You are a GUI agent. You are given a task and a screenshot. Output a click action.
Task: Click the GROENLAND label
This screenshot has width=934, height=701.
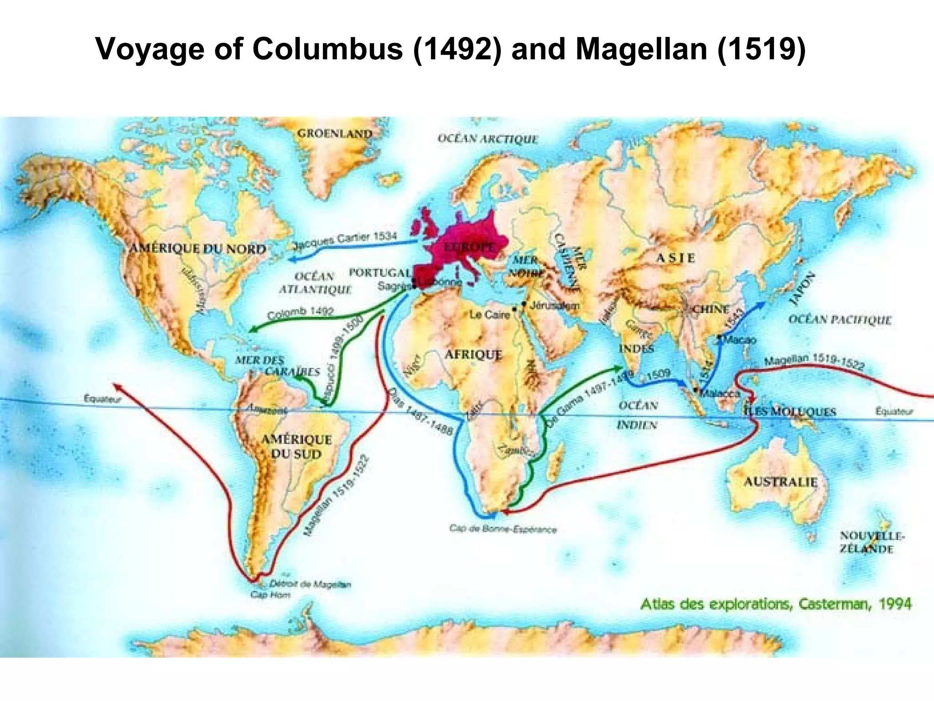coord(335,134)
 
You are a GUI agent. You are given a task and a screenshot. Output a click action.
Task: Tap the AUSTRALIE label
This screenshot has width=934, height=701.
coord(780,482)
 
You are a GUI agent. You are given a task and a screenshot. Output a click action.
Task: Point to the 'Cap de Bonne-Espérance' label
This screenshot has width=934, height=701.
coord(503,529)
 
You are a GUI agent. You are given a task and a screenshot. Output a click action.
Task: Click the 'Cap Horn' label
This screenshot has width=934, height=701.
coord(270,595)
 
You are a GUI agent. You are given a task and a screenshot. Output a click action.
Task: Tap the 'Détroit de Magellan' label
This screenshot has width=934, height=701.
coord(310,584)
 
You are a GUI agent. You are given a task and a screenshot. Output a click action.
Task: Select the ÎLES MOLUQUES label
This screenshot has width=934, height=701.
coord(790,412)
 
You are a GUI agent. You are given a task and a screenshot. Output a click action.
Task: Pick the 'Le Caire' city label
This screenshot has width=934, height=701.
coord(489,314)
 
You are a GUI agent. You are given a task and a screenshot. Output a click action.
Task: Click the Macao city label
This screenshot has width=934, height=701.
coord(740,340)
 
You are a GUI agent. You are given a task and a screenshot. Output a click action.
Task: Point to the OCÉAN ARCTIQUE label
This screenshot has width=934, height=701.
coord(488,139)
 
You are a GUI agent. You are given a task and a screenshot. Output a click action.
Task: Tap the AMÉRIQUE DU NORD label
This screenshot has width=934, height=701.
coord(197,249)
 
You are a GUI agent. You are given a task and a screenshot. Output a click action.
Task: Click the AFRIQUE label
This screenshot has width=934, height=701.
coord(473,355)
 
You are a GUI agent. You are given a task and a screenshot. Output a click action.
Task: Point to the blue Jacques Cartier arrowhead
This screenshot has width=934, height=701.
coord(292,259)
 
